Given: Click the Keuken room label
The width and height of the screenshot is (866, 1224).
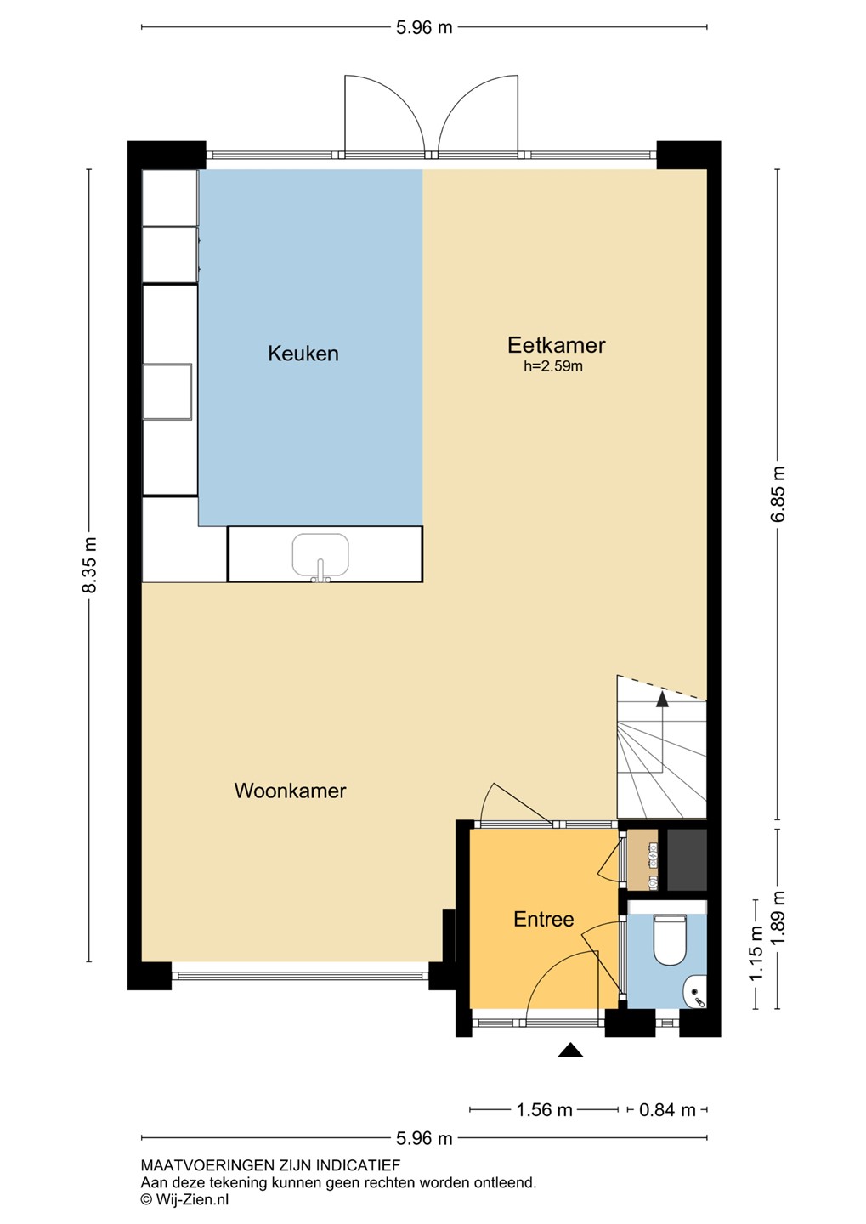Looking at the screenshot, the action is coord(303,354).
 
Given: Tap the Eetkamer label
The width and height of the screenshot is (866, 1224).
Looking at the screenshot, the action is coord(556,345).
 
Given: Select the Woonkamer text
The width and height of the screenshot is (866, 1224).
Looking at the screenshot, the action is coord(290,790).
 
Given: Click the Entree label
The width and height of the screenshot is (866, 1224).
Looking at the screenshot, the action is coord(544,919).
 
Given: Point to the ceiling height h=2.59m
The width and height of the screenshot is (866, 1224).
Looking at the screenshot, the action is coord(553,366).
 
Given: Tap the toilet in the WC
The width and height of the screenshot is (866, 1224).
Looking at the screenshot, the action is coord(670,938).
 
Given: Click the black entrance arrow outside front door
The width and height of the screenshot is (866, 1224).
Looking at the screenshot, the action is coord(570,1050).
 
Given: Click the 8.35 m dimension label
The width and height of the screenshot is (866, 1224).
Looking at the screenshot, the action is coord(89,565).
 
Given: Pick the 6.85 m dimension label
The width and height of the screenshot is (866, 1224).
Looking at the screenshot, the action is coord(778,493).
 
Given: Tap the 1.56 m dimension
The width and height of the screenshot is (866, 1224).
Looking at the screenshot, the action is coord(544,1109).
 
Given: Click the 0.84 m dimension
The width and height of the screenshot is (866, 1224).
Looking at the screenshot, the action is coord(667,1109).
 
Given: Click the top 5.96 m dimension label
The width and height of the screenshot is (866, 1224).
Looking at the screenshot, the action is coord(424,27).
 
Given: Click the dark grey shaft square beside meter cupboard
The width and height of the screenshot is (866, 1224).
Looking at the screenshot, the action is coord(687,859).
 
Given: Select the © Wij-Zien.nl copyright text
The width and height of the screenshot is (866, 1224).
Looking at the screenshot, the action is coord(184,1199).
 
